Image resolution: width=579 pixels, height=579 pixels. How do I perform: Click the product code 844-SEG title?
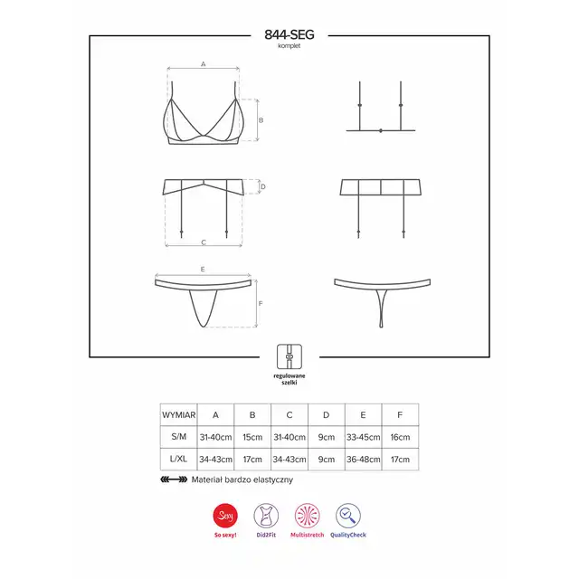click(289, 34)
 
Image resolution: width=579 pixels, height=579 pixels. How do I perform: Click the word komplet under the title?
click(289, 46)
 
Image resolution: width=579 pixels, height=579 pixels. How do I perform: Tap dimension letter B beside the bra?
click(261, 120)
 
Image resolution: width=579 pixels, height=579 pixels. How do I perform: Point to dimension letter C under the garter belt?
click(204, 242)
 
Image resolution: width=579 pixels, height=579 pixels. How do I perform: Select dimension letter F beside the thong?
click(261, 304)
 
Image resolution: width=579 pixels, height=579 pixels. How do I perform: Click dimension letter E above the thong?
click(203, 270)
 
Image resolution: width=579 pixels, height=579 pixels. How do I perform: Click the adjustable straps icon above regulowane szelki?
click(289, 356)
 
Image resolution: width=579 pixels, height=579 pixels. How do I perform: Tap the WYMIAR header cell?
click(179, 414)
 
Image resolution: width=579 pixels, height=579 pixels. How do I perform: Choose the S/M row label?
click(179, 436)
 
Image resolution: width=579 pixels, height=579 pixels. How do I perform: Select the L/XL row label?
click(179, 459)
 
